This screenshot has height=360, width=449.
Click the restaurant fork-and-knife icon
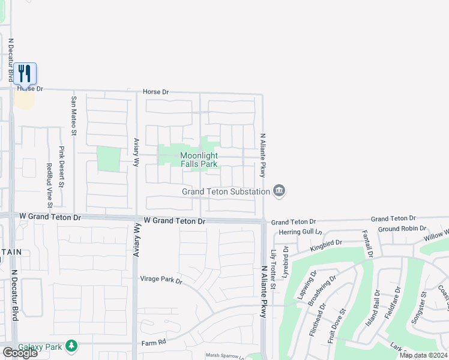tap(25, 73)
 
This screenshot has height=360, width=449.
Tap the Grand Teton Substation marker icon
tap(279, 191)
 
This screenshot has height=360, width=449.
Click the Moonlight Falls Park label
tap(199, 160)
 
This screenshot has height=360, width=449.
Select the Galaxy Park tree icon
tap(71, 346)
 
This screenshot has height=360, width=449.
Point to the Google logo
tap(20, 353)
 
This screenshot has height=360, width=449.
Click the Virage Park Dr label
tap(160, 280)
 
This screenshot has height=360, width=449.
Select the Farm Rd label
tap(152, 343)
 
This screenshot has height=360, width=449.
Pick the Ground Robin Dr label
tap(402, 229)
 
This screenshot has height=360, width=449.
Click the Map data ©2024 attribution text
tap(423, 355)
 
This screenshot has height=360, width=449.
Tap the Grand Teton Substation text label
tap(226, 192)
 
